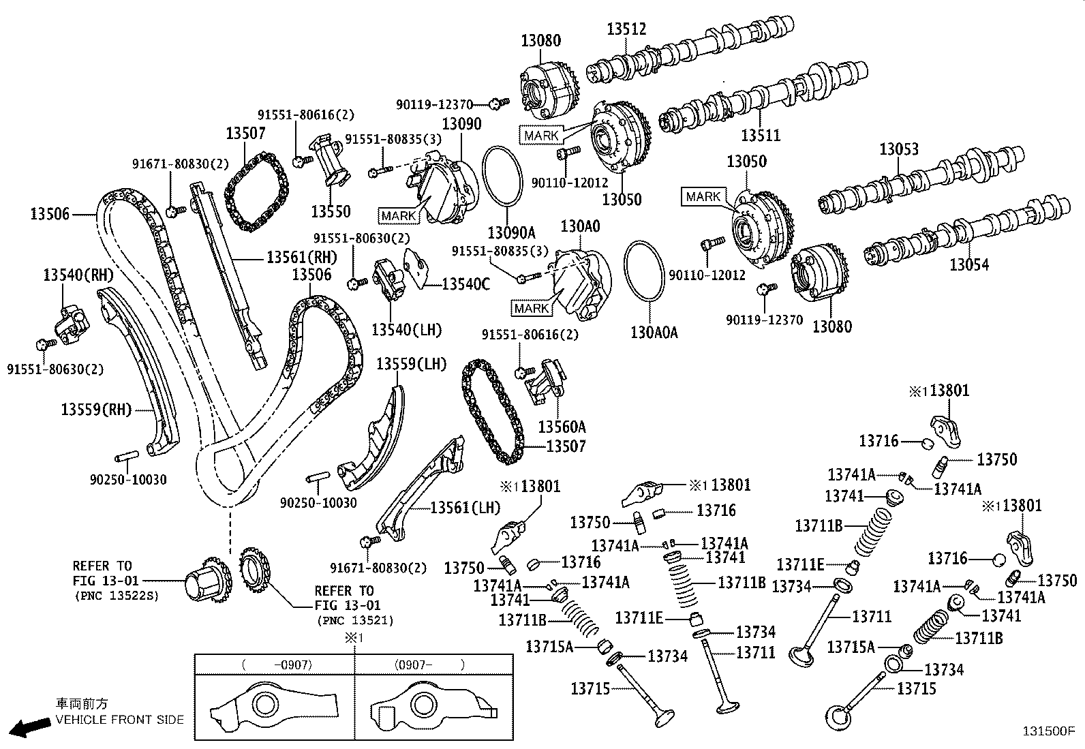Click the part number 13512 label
pyautogui.click(x=626, y=29)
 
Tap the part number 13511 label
pyautogui.click(x=761, y=135)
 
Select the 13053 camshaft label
pyautogui.click(x=898, y=149)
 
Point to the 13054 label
pyautogui.click(x=969, y=264)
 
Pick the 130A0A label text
pyautogui.click(x=654, y=333)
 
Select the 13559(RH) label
pyautogui.click(x=95, y=410)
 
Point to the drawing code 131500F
pyautogui.click(x=1048, y=731)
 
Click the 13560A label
pyautogui.click(x=562, y=427)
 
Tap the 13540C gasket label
pyautogui.click(x=465, y=284)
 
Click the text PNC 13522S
pyautogui.click(x=116, y=595)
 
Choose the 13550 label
pyautogui.click(x=331, y=211)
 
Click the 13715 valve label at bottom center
pyautogui.click(x=591, y=688)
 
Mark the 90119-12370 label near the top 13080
pyautogui.click(x=434, y=104)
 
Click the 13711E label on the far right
pyautogui.click(x=800, y=564)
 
